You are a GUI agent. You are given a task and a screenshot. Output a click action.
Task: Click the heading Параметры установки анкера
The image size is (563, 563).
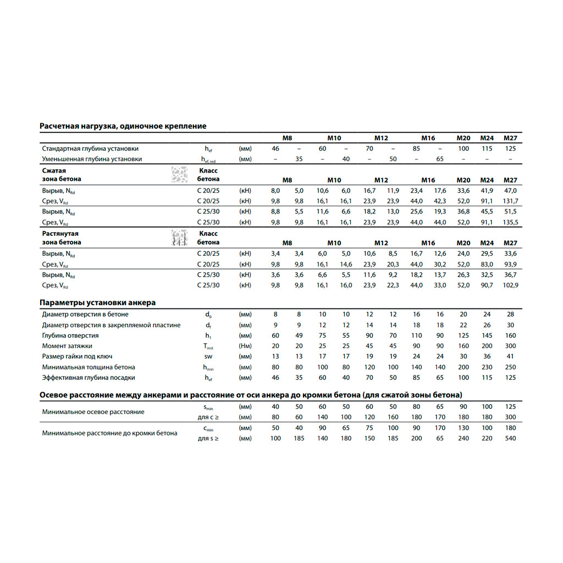point(97,302)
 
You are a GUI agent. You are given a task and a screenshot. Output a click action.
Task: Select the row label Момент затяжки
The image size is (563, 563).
point(67,346)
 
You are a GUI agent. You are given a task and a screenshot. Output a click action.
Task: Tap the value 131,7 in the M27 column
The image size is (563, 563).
point(511,201)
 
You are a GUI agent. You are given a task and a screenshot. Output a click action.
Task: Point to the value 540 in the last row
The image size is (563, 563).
point(511,438)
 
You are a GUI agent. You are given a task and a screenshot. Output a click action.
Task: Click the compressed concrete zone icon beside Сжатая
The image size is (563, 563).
point(179,174)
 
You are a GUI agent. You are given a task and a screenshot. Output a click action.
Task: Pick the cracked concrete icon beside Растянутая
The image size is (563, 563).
point(179,238)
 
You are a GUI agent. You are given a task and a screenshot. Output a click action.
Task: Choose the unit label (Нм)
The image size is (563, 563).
point(245,346)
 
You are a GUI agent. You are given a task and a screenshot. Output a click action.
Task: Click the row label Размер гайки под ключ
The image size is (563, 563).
point(80,356)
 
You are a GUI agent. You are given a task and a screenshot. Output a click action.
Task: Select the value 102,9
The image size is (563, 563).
point(511,285)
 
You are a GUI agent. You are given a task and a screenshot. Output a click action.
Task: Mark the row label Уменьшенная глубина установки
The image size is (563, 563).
point(92,159)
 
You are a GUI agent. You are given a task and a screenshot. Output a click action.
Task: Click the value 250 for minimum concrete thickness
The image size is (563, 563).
point(511,367)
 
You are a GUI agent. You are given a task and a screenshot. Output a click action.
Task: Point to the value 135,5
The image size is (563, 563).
point(511,222)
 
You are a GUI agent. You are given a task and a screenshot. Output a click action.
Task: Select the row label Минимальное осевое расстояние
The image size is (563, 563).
point(93,412)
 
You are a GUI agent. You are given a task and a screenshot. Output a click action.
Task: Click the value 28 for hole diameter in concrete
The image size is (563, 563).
point(511,314)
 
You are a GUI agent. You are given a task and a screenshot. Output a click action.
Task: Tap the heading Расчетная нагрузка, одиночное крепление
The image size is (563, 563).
point(123,126)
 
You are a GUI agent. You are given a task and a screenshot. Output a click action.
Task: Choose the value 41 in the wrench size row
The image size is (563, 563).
point(511,356)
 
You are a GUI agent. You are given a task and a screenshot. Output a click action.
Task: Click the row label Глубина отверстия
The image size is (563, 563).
point(70,335)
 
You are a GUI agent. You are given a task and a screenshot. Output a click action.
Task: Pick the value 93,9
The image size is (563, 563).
point(511,264)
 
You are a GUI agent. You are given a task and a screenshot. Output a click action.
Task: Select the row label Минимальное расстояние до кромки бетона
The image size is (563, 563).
point(109,433)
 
